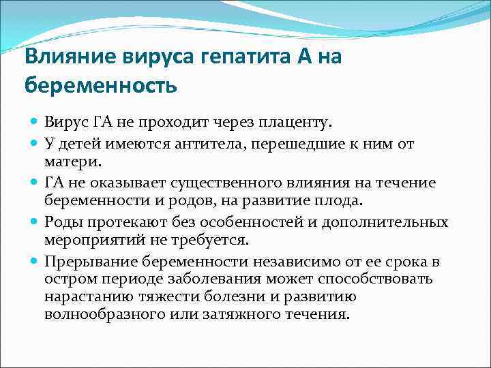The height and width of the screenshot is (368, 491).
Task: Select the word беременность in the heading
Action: point(100,87)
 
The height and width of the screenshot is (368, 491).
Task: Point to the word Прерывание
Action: point(89,262)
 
